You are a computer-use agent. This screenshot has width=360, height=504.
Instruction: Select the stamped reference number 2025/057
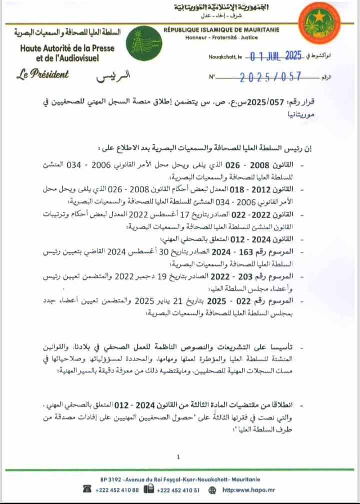[271, 77]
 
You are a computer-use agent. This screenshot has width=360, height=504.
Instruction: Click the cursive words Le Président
[43, 75]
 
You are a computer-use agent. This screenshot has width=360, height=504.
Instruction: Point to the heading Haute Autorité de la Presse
[67, 48]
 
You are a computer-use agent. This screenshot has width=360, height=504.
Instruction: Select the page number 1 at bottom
[178, 457]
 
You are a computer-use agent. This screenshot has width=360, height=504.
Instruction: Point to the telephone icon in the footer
[88, 489]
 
